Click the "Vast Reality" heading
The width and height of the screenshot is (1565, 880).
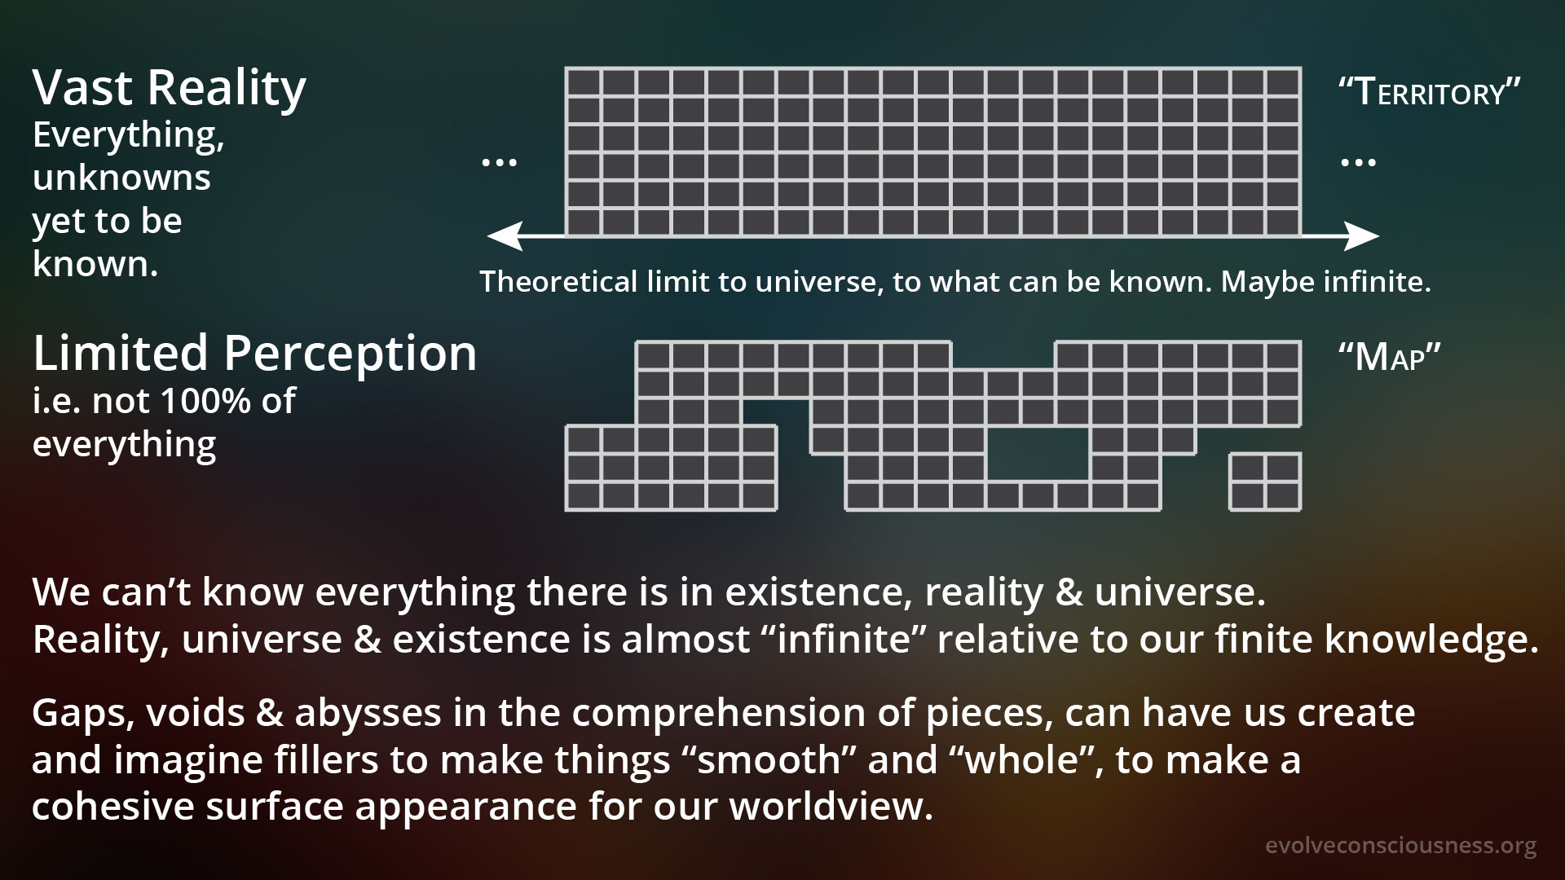(x=170, y=88)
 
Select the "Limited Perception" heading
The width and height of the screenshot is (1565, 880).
(x=254, y=354)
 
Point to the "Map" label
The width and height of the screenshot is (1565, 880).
(x=1390, y=357)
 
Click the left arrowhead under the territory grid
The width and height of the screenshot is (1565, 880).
(x=504, y=236)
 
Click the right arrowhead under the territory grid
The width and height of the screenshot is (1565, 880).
(x=1362, y=236)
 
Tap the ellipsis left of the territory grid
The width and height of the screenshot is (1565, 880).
(x=500, y=162)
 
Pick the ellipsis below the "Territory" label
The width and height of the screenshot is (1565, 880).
(x=1358, y=162)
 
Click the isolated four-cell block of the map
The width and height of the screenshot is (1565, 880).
(x=1265, y=482)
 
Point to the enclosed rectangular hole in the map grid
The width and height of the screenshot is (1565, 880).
(x=1038, y=453)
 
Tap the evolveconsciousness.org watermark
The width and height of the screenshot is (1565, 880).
(x=1401, y=847)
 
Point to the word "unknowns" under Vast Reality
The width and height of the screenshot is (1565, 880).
(x=121, y=178)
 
